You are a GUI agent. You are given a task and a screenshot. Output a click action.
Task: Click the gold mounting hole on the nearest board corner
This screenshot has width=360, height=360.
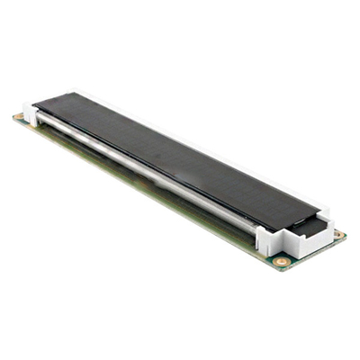(282, 262)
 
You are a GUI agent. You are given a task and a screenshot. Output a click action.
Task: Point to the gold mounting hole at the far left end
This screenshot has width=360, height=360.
(19, 117)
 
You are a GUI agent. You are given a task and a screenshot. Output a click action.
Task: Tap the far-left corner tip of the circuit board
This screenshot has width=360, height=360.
(13, 117)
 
